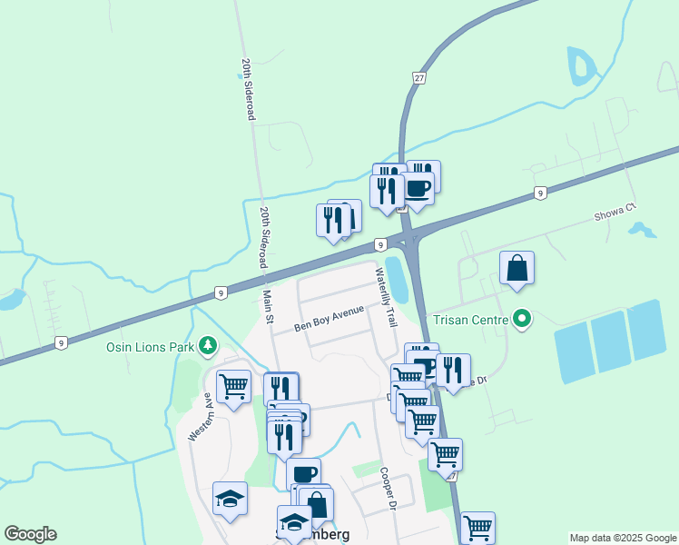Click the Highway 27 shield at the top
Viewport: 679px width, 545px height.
click(419, 77)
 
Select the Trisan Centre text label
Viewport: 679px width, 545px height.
click(469, 319)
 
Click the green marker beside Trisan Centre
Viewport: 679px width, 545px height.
click(522, 319)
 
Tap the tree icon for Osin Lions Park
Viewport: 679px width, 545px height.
click(209, 345)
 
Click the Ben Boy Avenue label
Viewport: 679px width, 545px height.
click(329, 318)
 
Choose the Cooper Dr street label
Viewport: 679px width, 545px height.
click(390, 489)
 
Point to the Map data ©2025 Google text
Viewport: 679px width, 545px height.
click(622, 538)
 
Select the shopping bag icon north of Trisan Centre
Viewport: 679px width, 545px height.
click(517, 268)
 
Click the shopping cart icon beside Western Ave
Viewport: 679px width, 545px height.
click(233, 386)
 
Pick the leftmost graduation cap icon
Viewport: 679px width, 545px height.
click(231, 499)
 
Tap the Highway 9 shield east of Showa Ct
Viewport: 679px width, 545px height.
click(540, 193)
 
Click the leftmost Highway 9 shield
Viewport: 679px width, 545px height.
click(61, 342)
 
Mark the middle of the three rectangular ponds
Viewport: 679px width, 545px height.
click(608, 340)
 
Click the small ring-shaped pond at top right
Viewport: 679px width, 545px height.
click(578, 65)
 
